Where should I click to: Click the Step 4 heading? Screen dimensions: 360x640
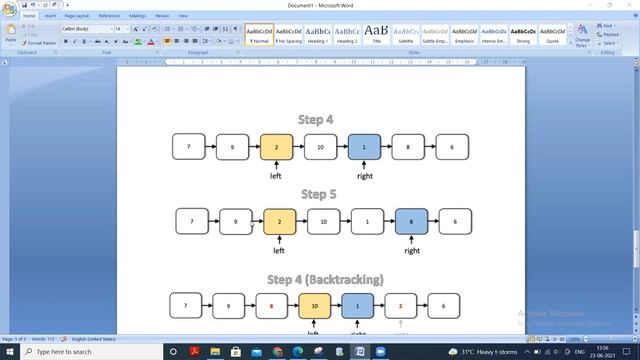[315, 119]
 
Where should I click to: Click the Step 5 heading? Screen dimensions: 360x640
[318, 194]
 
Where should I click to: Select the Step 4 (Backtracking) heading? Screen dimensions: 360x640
[317, 278]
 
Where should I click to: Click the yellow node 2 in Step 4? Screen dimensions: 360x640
[276, 147]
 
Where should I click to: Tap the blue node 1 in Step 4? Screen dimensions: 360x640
[364, 147]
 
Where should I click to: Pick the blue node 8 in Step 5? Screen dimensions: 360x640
[411, 221]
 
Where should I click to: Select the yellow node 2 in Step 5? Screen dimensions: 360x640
[280, 221]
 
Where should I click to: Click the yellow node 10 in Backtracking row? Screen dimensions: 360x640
[314, 305]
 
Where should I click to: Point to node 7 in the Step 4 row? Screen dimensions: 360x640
[188, 147]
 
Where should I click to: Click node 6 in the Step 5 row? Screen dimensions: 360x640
[455, 221]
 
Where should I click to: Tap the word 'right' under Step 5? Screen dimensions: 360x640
[412, 251]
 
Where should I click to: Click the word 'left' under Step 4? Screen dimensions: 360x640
[276, 176]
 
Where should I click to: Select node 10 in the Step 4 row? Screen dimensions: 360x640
[320, 147]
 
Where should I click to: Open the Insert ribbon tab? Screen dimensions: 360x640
[50, 16]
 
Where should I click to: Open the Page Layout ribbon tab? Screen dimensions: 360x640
[76, 16]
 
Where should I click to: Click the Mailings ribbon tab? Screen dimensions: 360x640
[137, 16]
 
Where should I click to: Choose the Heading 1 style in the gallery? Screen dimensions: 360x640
[318, 35]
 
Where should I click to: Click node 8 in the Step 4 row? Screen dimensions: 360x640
[408, 147]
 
